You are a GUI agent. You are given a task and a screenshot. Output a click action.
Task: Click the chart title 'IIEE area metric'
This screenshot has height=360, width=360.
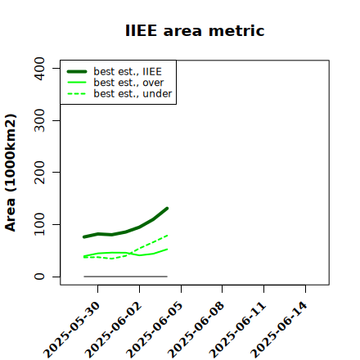coord(195,30)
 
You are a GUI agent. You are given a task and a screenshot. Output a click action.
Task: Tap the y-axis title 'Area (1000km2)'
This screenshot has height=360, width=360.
coord(11,173)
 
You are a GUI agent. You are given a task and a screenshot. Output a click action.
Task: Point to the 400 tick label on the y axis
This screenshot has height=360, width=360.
coord(39,69)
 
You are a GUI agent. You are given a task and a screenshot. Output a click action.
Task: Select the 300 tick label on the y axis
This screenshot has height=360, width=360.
coord(39,120)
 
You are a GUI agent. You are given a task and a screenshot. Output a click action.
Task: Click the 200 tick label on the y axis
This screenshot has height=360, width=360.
coord(39,172)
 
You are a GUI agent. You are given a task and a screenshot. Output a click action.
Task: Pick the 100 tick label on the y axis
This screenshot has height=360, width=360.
coord(39,224)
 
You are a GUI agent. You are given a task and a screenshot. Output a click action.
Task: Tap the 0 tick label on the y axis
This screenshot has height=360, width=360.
coord(39,277)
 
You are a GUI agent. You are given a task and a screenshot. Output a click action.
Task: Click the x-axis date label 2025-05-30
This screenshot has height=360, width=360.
coord(72,330)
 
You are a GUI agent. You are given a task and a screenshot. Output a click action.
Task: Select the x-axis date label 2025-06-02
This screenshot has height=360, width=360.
coord(114,330)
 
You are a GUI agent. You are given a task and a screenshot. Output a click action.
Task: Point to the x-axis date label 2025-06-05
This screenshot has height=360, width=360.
coord(155,330)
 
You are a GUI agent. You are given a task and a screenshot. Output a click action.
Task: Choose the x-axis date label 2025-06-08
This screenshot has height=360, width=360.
coord(196,330)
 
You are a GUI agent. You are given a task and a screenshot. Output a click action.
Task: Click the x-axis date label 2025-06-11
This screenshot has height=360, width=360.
coord(238,330)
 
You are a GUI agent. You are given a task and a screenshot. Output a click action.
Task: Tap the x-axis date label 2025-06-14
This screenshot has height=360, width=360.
coord(280,330)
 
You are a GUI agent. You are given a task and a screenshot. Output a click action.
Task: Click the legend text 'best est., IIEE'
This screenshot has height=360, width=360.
coord(128,71)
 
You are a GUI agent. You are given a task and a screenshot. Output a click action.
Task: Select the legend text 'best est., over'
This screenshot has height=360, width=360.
coord(128,83)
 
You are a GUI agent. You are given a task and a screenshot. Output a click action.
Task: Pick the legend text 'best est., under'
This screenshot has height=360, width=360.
coord(133,93)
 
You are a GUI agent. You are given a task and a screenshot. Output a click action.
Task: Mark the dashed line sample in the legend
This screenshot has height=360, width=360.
coord(77,93)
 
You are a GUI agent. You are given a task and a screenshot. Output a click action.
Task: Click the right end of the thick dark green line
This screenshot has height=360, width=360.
coord(167,209)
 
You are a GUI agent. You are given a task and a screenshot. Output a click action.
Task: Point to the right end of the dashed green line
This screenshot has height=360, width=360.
coord(167,235)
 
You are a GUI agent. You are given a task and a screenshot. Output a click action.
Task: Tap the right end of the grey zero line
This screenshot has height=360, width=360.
coord(167,277)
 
